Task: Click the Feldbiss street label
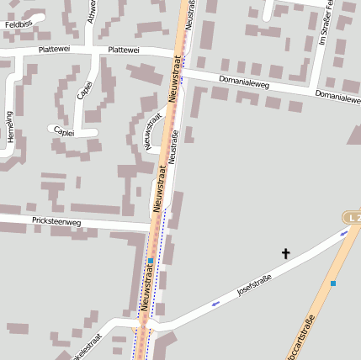click(18, 25)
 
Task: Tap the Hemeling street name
click(10, 126)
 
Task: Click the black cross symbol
click(285, 253)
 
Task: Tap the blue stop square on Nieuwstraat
click(151, 262)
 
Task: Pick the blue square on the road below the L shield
click(333, 283)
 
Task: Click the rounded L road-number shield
click(353, 218)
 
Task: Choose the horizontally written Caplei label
click(63, 131)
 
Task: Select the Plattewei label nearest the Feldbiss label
click(39, 50)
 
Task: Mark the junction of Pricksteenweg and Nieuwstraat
click(153, 230)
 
